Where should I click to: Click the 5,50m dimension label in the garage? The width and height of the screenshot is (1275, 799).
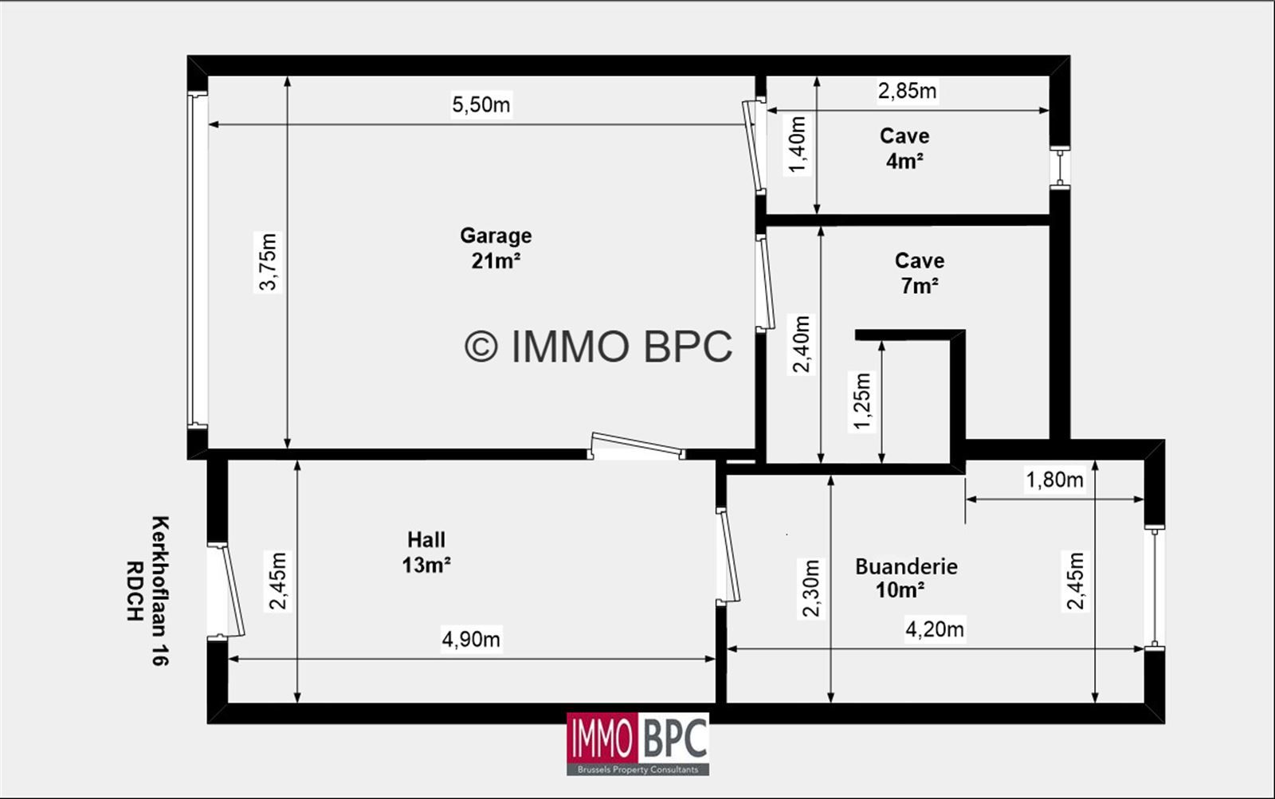481,104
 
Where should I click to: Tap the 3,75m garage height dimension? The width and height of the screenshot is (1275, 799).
268,262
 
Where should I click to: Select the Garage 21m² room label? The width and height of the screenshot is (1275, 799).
496,248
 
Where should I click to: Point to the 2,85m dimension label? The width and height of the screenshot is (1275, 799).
907,91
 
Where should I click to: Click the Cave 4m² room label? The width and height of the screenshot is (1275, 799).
904,148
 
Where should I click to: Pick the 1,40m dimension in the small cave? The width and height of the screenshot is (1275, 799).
798,144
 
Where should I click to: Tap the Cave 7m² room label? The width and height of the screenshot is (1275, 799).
920,272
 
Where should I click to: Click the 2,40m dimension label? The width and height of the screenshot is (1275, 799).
801,343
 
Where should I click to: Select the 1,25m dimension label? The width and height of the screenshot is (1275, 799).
861,401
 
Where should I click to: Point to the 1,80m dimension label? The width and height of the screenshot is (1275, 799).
1054,480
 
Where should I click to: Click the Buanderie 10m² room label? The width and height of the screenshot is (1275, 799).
906,578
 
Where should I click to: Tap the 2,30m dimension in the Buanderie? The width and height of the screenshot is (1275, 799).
810,588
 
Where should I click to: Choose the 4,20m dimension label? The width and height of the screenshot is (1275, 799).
935,629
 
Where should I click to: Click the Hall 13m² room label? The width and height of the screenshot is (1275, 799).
426,553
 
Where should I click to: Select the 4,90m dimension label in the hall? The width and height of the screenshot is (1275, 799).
471,639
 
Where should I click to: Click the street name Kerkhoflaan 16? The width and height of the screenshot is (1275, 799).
160,591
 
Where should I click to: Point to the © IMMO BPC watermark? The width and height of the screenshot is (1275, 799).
598,346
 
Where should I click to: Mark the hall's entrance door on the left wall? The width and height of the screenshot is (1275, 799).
226,591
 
